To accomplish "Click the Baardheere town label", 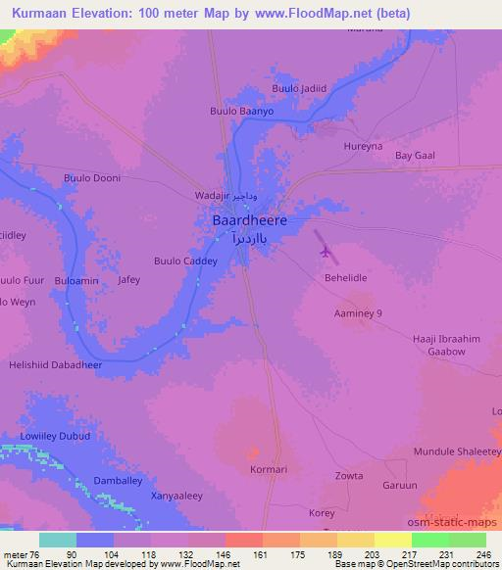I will pos(250,221).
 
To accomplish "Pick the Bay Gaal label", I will pos(414,156).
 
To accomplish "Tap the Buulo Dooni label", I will pos(92,178).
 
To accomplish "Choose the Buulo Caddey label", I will pos(185,261).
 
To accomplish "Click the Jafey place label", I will pos(128,280).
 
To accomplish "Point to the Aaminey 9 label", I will pos(358,312).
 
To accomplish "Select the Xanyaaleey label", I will pos(177,497).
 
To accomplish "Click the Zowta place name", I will pos(349,477).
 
